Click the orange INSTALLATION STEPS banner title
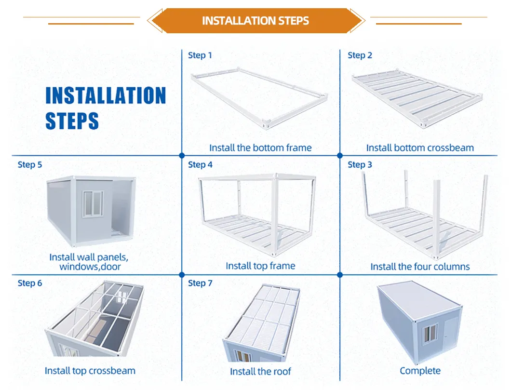pos(255,21)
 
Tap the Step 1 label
pos(200,55)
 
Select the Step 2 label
pos(360,55)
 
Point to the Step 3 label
pos(360,164)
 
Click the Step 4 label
pos(200,164)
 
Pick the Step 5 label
pos(30,164)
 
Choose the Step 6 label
pos(30,283)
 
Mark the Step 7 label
pos(200,283)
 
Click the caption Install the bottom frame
pos(260,148)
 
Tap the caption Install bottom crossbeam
pos(420,148)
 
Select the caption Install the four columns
pos(420,267)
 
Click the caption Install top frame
pos(260,266)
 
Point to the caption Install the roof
pos(260,371)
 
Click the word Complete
pos(420,371)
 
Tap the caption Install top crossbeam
pos(90,371)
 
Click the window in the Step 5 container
pos(93,203)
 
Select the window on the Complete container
pos(430,334)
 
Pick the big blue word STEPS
pos(72,121)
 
